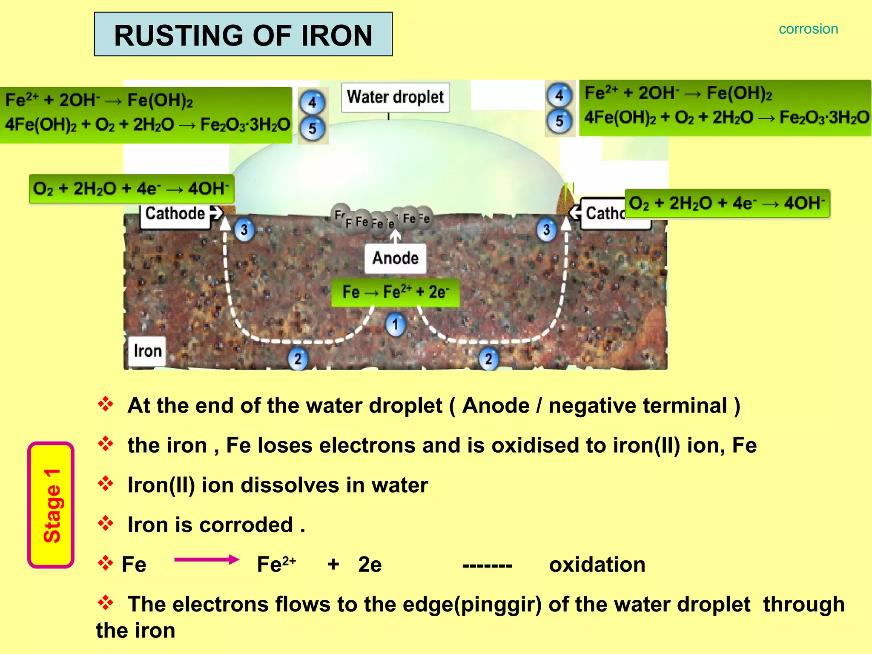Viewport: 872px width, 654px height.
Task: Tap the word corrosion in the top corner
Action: (x=808, y=29)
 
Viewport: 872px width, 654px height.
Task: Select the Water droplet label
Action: (x=395, y=97)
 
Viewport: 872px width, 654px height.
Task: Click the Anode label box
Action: (x=395, y=258)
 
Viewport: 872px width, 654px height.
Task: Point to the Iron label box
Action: (x=147, y=351)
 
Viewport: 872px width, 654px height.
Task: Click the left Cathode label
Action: (x=175, y=214)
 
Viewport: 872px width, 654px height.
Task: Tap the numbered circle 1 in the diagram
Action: (x=396, y=325)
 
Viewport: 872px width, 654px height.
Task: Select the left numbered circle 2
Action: (x=298, y=359)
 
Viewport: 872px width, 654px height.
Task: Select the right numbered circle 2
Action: (x=489, y=359)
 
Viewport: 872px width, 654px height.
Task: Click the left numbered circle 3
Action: (x=244, y=230)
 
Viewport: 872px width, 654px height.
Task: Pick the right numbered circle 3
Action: (x=547, y=230)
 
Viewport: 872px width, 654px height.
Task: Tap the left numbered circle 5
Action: (x=313, y=128)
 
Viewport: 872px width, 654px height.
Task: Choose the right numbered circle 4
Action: (x=559, y=95)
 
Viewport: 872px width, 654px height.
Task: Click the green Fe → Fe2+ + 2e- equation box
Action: (x=395, y=292)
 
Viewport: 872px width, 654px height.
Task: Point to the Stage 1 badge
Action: (x=51, y=505)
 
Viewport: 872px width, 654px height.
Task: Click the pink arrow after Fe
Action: (x=207, y=559)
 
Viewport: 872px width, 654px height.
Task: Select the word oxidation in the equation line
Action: (x=597, y=565)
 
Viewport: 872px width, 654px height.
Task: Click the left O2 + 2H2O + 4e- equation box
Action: (x=131, y=189)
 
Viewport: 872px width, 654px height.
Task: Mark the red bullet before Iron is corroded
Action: (x=106, y=523)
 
